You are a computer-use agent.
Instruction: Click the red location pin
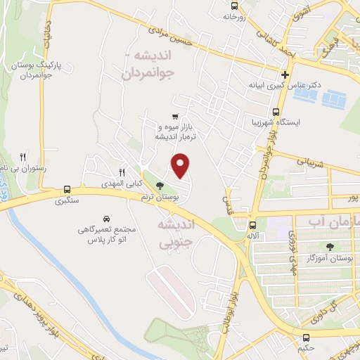coord(181,166)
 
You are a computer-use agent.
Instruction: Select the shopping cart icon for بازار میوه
coord(175,117)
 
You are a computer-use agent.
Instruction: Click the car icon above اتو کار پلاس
coord(106,219)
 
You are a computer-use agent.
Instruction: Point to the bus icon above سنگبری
coord(67,189)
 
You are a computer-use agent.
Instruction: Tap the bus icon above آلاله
coord(252,225)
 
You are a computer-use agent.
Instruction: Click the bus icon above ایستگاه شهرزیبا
coord(275,111)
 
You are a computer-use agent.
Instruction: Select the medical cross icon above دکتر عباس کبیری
coord(285,75)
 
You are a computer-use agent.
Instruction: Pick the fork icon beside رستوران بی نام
coord(23,157)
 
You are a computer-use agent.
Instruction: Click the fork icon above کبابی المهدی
coord(122,172)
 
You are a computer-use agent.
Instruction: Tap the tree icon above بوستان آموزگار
coord(330,246)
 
